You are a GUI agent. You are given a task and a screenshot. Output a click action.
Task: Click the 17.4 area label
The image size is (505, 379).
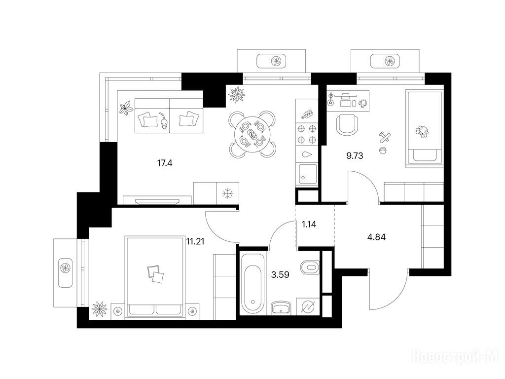[165, 163]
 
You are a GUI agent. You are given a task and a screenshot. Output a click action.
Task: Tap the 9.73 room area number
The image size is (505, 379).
[355, 156]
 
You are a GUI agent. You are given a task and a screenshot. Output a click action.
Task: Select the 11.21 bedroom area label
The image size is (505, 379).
[195, 241]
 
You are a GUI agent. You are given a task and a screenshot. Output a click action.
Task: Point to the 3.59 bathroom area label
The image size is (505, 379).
[280, 275]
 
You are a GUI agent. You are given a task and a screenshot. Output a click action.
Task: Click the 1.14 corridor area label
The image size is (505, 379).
[309, 225]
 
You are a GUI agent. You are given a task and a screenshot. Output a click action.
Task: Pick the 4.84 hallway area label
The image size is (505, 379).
[376, 237]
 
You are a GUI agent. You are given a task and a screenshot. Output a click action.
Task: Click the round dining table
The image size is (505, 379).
[252, 134]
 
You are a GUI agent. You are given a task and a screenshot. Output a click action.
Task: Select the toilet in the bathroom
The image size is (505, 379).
[310, 267]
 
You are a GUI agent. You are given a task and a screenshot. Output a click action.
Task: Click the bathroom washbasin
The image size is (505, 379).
[282, 308]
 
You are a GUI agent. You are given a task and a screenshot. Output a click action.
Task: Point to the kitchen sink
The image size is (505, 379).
[308, 174]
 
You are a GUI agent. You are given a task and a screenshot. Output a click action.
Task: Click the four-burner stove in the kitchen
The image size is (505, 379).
[307, 134]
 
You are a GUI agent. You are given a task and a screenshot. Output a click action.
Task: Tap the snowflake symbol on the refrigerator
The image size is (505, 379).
[228, 193]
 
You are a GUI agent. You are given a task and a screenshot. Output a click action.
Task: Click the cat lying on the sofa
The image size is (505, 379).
[164, 121]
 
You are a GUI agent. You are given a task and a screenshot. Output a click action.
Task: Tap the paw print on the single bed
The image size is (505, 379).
[422, 131]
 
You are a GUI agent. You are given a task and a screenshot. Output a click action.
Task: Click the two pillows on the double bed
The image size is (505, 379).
[155, 274]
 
